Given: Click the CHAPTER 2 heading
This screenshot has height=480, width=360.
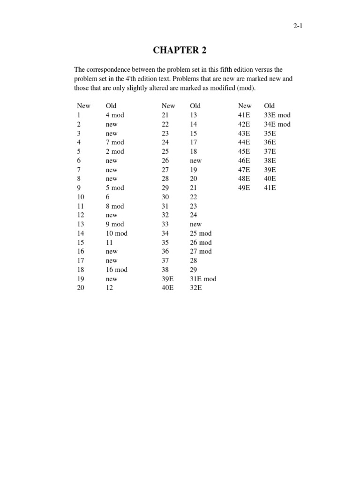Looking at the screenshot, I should (180, 51).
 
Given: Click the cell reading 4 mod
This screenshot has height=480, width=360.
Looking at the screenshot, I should (115, 115).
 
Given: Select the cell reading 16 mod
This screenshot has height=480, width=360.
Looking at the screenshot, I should (117, 270).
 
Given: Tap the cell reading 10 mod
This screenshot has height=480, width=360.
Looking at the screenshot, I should (117, 233).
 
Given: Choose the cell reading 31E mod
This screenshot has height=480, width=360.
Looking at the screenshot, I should (203, 279).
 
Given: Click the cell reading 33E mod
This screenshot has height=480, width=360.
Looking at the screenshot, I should (277, 115).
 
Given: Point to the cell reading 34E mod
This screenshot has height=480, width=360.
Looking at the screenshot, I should (277, 124).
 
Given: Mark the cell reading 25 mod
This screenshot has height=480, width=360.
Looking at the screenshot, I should (201, 233).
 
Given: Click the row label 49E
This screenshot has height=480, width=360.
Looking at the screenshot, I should (244, 188).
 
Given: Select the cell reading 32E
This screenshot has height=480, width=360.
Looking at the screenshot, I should (196, 288).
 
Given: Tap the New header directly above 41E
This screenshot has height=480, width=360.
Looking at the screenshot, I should (245, 106).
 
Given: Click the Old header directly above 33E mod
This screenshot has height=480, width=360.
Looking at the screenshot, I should (270, 106).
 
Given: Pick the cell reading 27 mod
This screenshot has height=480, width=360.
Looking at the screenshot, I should (201, 252).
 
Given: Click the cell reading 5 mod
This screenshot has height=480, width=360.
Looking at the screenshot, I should (115, 188).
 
